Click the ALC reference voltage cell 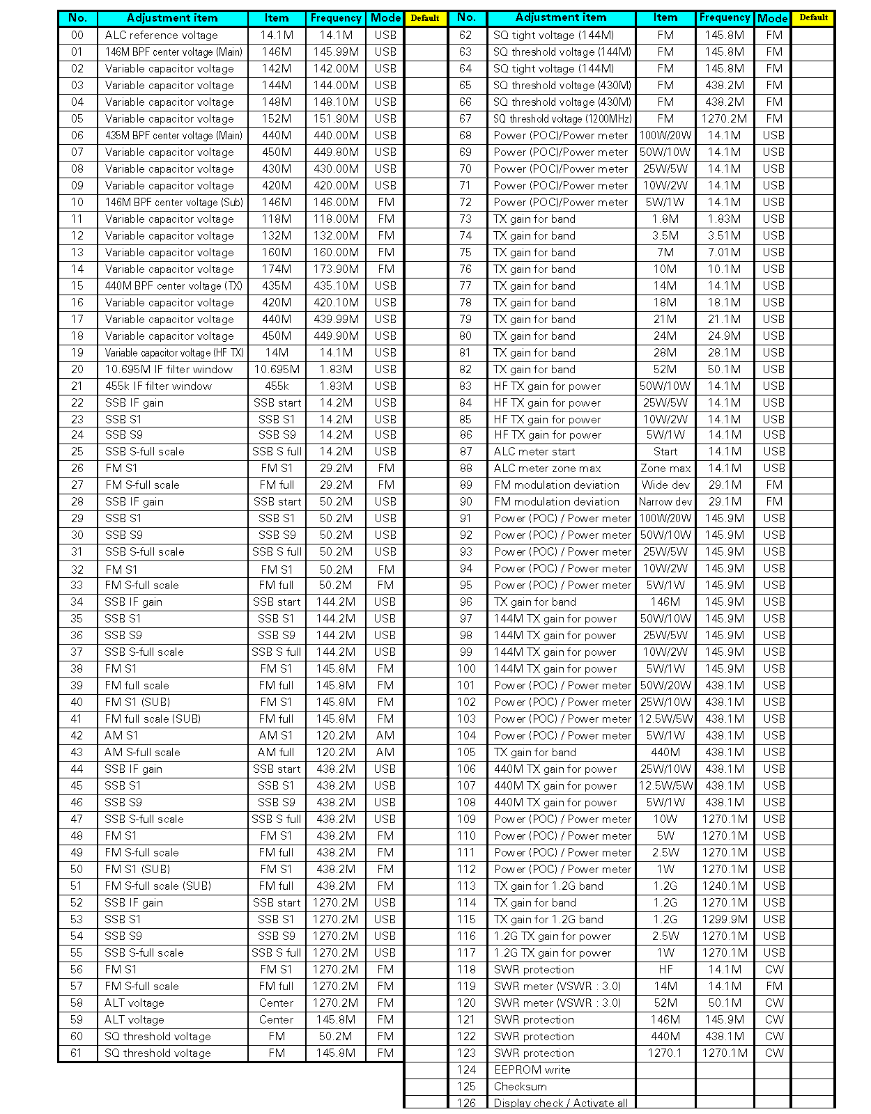(162, 36)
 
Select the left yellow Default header (425, 18)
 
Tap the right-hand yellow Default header (813, 17)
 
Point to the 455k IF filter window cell (158, 386)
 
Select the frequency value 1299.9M (725, 920)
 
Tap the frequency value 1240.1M (725, 886)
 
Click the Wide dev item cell (665, 485)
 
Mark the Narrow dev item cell (665, 502)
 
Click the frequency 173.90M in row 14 (336, 269)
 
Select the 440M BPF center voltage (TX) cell (174, 286)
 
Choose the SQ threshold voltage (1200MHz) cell (562, 119)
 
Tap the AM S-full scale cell (142, 753)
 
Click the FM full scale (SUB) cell (153, 719)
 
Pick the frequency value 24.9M (725, 336)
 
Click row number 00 (77, 36)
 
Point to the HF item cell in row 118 (665, 970)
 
